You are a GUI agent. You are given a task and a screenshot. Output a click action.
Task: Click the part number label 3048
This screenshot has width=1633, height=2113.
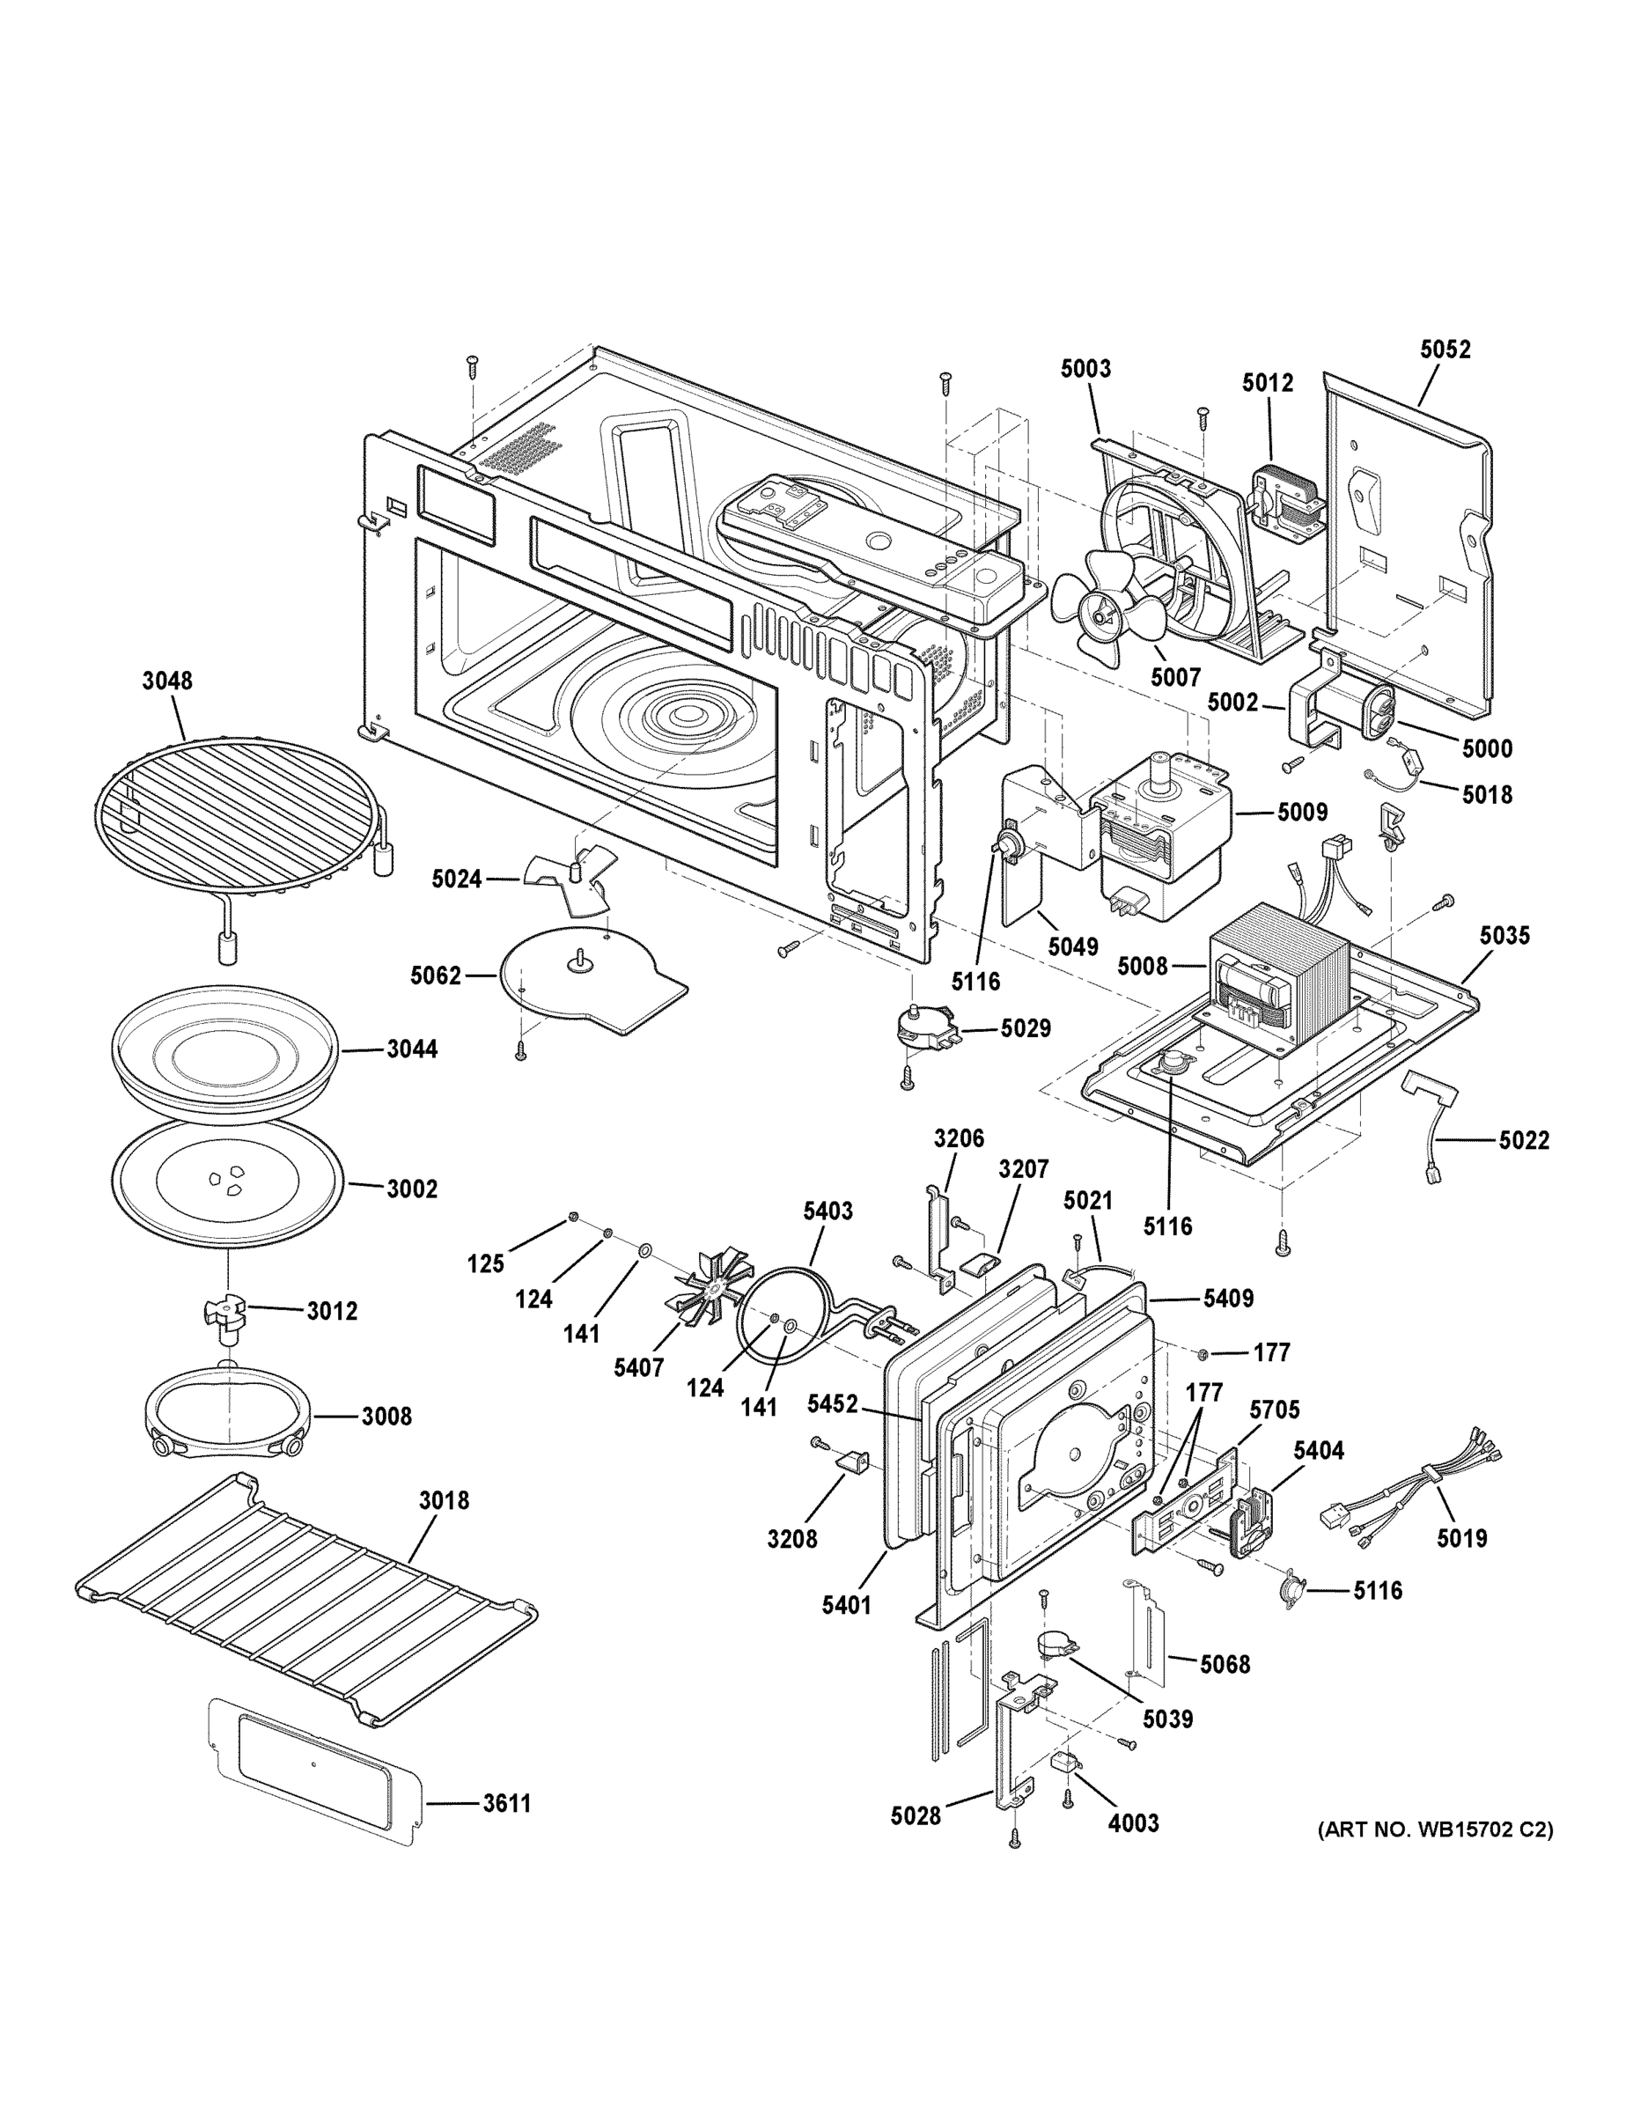coord(166,681)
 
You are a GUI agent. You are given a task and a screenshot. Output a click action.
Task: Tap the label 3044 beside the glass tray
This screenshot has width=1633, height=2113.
coord(412,1049)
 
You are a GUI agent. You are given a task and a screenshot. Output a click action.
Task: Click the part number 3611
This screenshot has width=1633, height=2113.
coord(507,1803)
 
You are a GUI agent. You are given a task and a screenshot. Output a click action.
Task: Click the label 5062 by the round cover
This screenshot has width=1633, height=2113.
coord(436,976)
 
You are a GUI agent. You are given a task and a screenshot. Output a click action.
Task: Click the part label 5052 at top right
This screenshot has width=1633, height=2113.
coord(1445,350)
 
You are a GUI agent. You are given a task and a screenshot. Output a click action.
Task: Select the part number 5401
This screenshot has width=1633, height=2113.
coord(847,1606)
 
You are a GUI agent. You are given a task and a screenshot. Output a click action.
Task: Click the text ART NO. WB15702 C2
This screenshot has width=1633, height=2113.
coord(1435,1830)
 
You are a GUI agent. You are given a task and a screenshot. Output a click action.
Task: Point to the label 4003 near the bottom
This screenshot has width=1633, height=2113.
coord(1133,1822)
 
